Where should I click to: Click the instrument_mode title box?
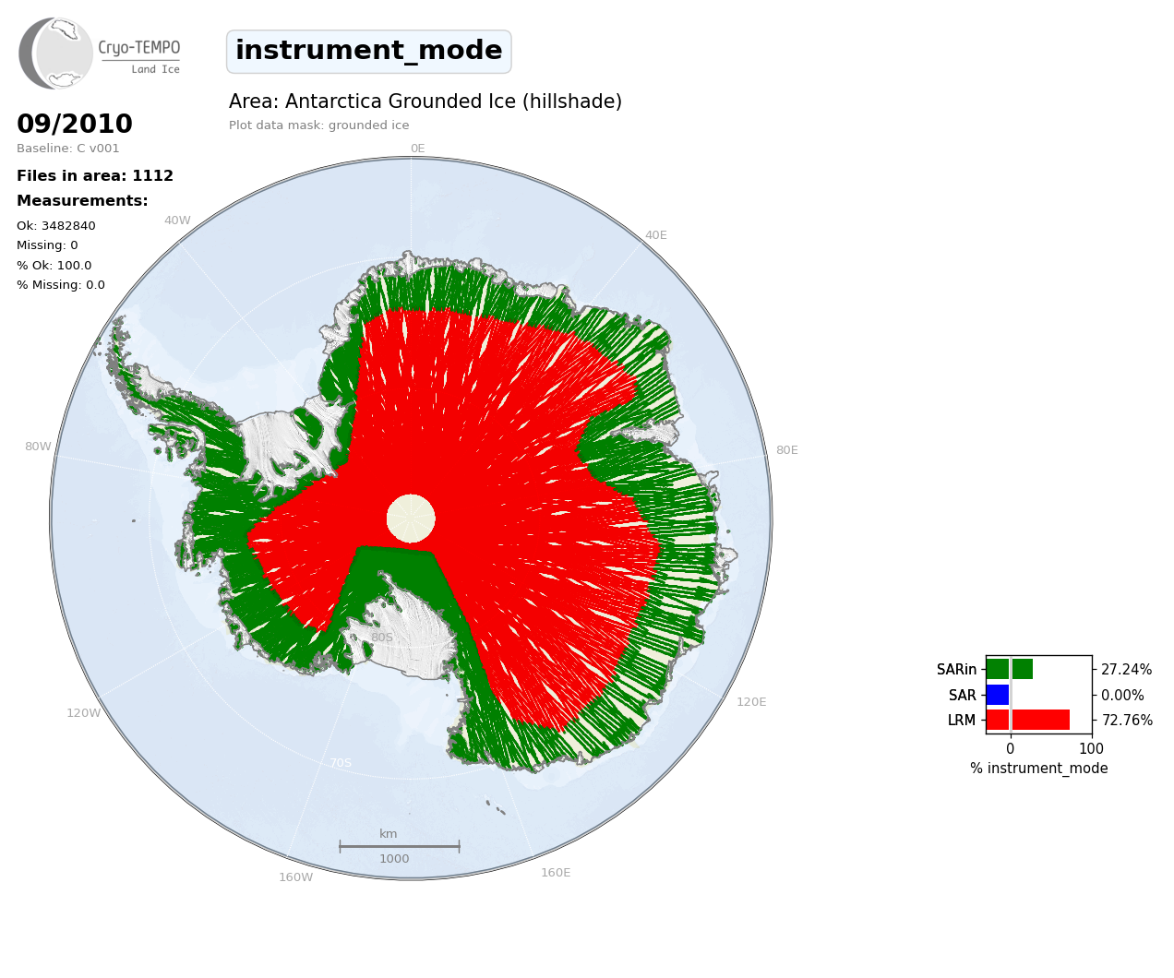(x=369, y=52)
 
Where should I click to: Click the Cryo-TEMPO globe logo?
(x=55, y=53)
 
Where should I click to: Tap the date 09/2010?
(x=75, y=124)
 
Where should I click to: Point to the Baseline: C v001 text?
(x=68, y=149)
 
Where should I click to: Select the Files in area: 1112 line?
(x=95, y=176)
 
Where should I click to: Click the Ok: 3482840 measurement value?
(x=56, y=225)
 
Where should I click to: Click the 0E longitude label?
(x=418, y=149)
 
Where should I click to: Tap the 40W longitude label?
(x=177, y=221)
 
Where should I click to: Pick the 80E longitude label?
(x=787, y=450)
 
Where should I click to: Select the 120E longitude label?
(x=751, y=702)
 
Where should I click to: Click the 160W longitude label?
(x=295, y=877)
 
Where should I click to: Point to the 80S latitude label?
(x=382, y=638)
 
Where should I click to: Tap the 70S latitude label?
(x=341, y=763)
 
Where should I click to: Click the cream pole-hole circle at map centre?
(x=411, y=519)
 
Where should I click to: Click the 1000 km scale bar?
(x=400, y=846)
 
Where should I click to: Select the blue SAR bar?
(x=998, y=695)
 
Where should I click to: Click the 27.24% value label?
(x=1126, y=670)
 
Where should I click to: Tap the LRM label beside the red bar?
(x=962, y=721)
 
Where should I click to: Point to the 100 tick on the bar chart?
(x=1091, y=748)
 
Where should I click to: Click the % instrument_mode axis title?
(x=1039, y=769)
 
